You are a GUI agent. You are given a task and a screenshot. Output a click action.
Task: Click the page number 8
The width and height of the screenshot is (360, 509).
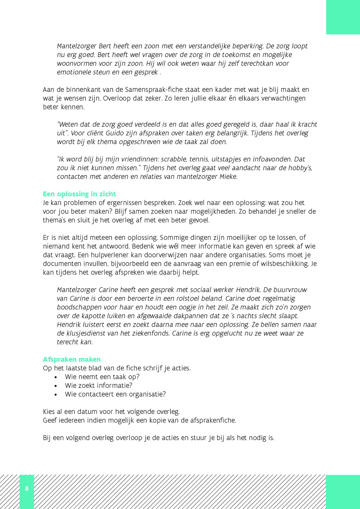(x=27, y=488)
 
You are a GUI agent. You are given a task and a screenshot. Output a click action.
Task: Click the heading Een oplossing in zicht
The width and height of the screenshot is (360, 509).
(x=79, y=194)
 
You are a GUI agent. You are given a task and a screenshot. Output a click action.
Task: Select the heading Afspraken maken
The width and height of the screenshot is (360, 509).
(x=72, y=359)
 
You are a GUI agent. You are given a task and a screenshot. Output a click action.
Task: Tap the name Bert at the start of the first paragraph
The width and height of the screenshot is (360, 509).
(x=105, y=46)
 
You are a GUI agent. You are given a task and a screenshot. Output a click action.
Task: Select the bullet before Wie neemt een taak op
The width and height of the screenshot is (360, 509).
(x=56, y=377)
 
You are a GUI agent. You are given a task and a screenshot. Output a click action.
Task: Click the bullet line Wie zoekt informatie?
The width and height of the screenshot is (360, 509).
(x=98, y=386)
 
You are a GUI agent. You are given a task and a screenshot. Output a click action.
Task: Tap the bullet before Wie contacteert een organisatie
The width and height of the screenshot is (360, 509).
(x=56, y=395)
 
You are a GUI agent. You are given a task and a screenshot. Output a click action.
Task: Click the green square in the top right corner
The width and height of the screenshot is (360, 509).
(x=343, y=17)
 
